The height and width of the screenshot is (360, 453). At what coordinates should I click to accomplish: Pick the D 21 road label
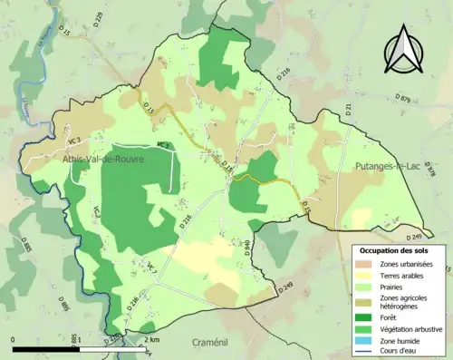(x=347, y=111)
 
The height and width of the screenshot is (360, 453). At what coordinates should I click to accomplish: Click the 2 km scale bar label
(x=152, y=340)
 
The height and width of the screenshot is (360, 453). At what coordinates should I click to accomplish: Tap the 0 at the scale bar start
(x=14, y=340)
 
